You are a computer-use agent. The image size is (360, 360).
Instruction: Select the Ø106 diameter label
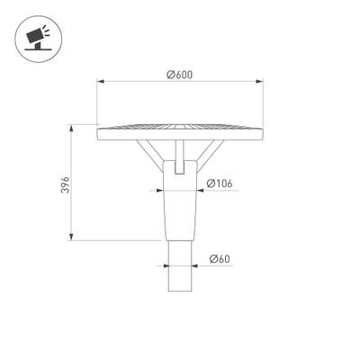220,184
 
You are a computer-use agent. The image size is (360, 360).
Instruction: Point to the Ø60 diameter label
219,259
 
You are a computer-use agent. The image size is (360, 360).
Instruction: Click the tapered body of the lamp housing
180,207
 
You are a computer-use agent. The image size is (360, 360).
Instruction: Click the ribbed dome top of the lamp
180,124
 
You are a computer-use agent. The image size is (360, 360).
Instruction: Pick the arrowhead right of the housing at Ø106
200,192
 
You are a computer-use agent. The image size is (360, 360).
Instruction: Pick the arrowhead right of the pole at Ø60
194,266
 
